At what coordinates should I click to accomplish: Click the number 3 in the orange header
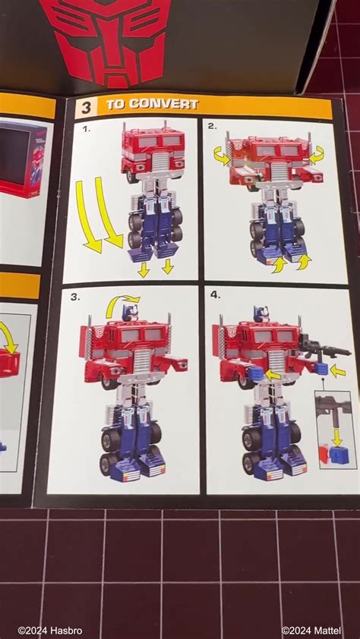pyautogui.click(x=87, y=106)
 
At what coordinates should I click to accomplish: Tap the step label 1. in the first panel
pyautogui.click(x=87, y=129)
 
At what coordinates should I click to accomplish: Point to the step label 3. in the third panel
pyautogui.click(x=75, y=297)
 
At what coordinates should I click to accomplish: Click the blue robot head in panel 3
pyautogui.click(x=131, y=311)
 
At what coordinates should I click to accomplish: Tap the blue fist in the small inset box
pyautogui.click(x=339, y=454)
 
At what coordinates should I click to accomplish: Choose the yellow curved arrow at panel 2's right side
pyautogui.click(x=316, y=154)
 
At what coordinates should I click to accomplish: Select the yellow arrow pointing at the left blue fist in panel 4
pyautogui.click(x=273, y=375)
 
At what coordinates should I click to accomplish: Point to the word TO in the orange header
pyautogui.click(x=115, y=105)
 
